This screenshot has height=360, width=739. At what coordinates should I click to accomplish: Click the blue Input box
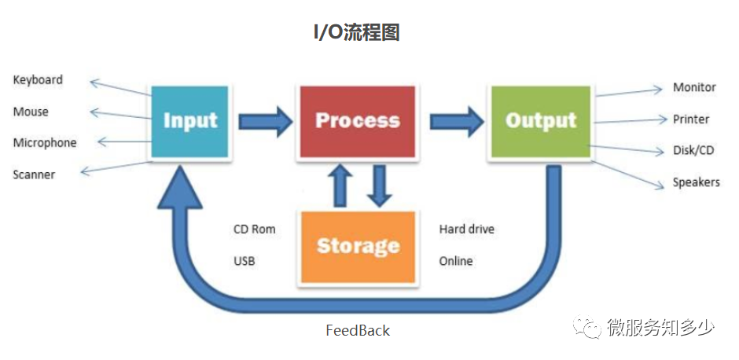pyautogui.click(x=189, y=121)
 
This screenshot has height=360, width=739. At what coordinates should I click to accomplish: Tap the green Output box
pyautogui.click(x=541, y=121)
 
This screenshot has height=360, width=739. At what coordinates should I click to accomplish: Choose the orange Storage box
pyautogui.click(x=357, y=246)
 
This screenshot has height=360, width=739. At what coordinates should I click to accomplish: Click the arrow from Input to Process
pyautogui.click(x=264, y=121)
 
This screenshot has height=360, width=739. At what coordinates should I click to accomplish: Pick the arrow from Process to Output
pyautogui.click(x=456, y=121)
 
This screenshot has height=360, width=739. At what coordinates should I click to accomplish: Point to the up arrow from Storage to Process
pyautogui.click(x=340, y=186)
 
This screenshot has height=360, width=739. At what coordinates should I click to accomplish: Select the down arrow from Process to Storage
pyautogui.click(x=380, y=186)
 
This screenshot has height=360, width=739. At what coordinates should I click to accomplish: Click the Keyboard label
pyautogui.click(x=38, y=80)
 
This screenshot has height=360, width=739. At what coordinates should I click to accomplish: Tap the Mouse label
pyautogui.click(x=31, y=112)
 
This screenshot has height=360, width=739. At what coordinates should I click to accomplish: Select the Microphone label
pyautogui.click(x=45, y=143)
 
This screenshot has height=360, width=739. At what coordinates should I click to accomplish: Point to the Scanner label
pyautogui.click(x=34, y=174)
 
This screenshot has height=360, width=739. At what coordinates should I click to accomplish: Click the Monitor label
pyautogui.click(x=694, y=87)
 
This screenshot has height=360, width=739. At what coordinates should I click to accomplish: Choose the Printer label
pyautogui.click(x=690, y=119)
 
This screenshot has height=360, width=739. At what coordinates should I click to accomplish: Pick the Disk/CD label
pyautogui.click(x=693, y=150)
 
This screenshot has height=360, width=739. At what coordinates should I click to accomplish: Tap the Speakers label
pyautogui.click(x=696, y=182)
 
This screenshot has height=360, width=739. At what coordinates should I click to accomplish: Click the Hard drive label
pyautogui.click(x=466, y=230)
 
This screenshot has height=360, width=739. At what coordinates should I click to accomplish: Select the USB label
pyautogui.click(x=244, y=260)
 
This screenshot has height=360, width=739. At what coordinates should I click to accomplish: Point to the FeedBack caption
pyautogui.click(x=358, y=330)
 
